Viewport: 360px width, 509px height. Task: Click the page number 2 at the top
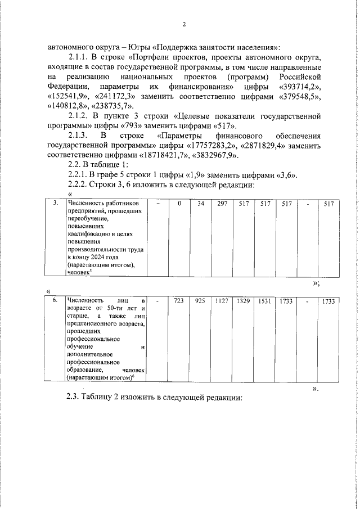(x=183, y=24)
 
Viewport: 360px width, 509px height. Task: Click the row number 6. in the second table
(x=55, y=302)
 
